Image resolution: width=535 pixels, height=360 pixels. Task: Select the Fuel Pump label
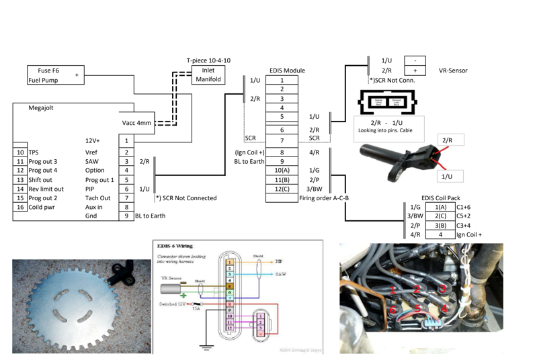click(44, 80)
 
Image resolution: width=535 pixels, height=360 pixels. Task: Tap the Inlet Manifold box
click(208, 75)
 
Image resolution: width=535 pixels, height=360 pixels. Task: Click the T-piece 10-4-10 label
click(208, 60)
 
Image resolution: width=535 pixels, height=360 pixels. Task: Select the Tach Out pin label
click(98, 199)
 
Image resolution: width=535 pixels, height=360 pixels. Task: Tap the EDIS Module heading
click(286, 70)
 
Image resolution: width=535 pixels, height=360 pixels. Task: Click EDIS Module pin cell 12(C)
click(282, 189)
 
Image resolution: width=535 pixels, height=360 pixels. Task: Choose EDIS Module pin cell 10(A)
click(282, 171)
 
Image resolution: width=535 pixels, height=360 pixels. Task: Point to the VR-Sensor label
click(452, 71)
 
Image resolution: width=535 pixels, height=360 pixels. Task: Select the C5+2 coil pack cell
click(464, 216)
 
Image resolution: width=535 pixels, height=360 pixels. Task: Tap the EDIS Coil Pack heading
click(440, 198)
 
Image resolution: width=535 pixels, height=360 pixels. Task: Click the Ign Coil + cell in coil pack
click(469, 235)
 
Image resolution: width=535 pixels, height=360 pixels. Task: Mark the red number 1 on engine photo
click(393, 289)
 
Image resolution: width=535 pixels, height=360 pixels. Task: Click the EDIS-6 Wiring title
click(175, 246)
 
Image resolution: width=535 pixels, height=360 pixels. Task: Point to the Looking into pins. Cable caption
click(386, 130)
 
